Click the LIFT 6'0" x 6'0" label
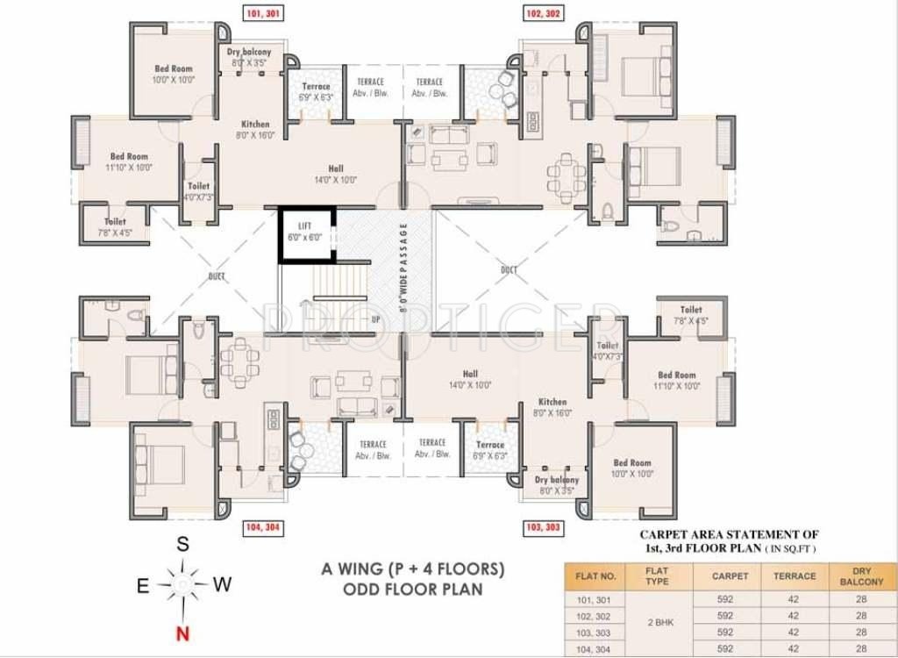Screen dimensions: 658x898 pyautogui.click(x=304, y=232)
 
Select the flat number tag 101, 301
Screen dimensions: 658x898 pyautogui.click(x=261, y=14)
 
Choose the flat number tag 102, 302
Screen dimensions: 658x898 pyautogui.click(x=545, y=14)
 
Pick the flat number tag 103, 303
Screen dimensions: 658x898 pyautogui.click(x=545, y=527)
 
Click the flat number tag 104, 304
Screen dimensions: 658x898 pyautogui.click(x=261, y=527)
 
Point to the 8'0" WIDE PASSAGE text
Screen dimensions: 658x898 pyautogui.click(x=404, y=268)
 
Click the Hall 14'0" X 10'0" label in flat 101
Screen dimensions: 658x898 pyautogui.click(x=336, y=174)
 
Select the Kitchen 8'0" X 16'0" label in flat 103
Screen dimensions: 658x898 pyautogui.click(x=552, y=407)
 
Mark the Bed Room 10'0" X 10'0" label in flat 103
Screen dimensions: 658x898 pyautogui.click(x=632, y=468)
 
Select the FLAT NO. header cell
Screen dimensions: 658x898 pyautogui.click(x=596, y=576)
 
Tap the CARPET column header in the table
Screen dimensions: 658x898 pyautogui.click(x=731, y=576)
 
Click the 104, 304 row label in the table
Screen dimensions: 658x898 pyautogui.click(x=596, y=648)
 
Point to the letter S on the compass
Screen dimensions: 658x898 pyautogui.click(x=182, y=544)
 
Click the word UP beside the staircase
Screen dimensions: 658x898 pyautogui.click(x=375, y=319)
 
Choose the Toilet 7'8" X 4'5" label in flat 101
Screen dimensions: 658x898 pyautogui.click(x=116, y=227)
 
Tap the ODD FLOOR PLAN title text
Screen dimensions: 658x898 pyautogui.click(x=412, y=590)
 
